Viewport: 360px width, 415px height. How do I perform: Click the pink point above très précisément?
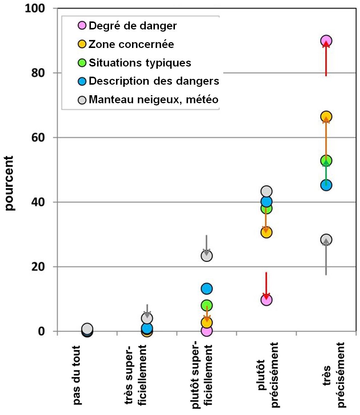pyautogui.click(x=326, y=41)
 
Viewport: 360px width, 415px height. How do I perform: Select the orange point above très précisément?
pyautogui.click(x=326, y=117)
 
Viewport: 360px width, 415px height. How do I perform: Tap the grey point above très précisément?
pyautogui.click(x=326, y=239)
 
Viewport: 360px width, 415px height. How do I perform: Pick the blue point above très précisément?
pyautogui.click(x=326, y=185)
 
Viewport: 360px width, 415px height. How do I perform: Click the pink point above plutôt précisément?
pyautogui.click(x=266, y=300)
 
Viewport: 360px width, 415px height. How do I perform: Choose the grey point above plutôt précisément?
pyautogui.click(x=266, y=191)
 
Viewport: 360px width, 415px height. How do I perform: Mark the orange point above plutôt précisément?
pyautogui.click(x=266, y=232)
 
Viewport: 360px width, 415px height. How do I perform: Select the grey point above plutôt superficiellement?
pyautogui.click(x=207, y=255)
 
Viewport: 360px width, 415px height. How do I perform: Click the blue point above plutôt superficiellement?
pyautogui.click(x=207, y=289)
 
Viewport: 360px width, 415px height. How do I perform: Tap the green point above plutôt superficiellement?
pyautogui.click(x=207, y=305)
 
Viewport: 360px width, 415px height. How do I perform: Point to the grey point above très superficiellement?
pyautogui.click(x=147, y=318)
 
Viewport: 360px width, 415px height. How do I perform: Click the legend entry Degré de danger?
pyautogui.click(x=133, y=26)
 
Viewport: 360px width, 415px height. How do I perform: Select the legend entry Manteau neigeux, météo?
pyautogui.click(x=153, y=99)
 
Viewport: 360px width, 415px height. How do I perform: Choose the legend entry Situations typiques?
pyautogui.click(x=140, y=63)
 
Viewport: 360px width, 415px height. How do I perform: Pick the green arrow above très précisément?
pyautogui.click(x=326, y=173)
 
